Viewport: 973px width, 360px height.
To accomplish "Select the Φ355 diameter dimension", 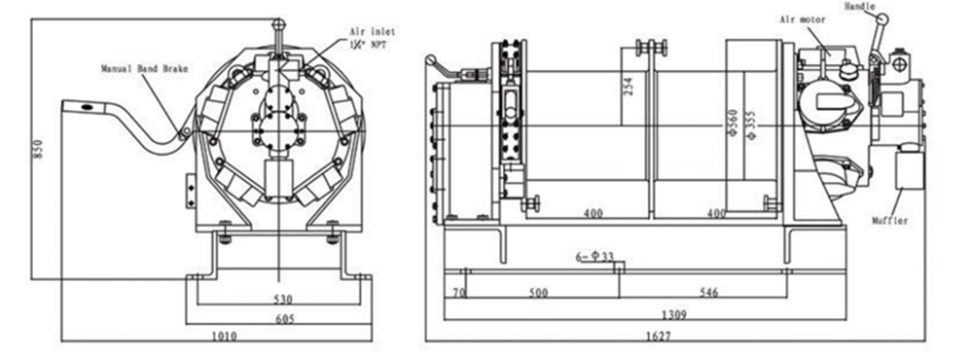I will coord(750,124).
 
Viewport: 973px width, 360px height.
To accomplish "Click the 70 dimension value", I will coord(457,292).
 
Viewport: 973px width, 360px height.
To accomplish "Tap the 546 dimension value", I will coord(707,292).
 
